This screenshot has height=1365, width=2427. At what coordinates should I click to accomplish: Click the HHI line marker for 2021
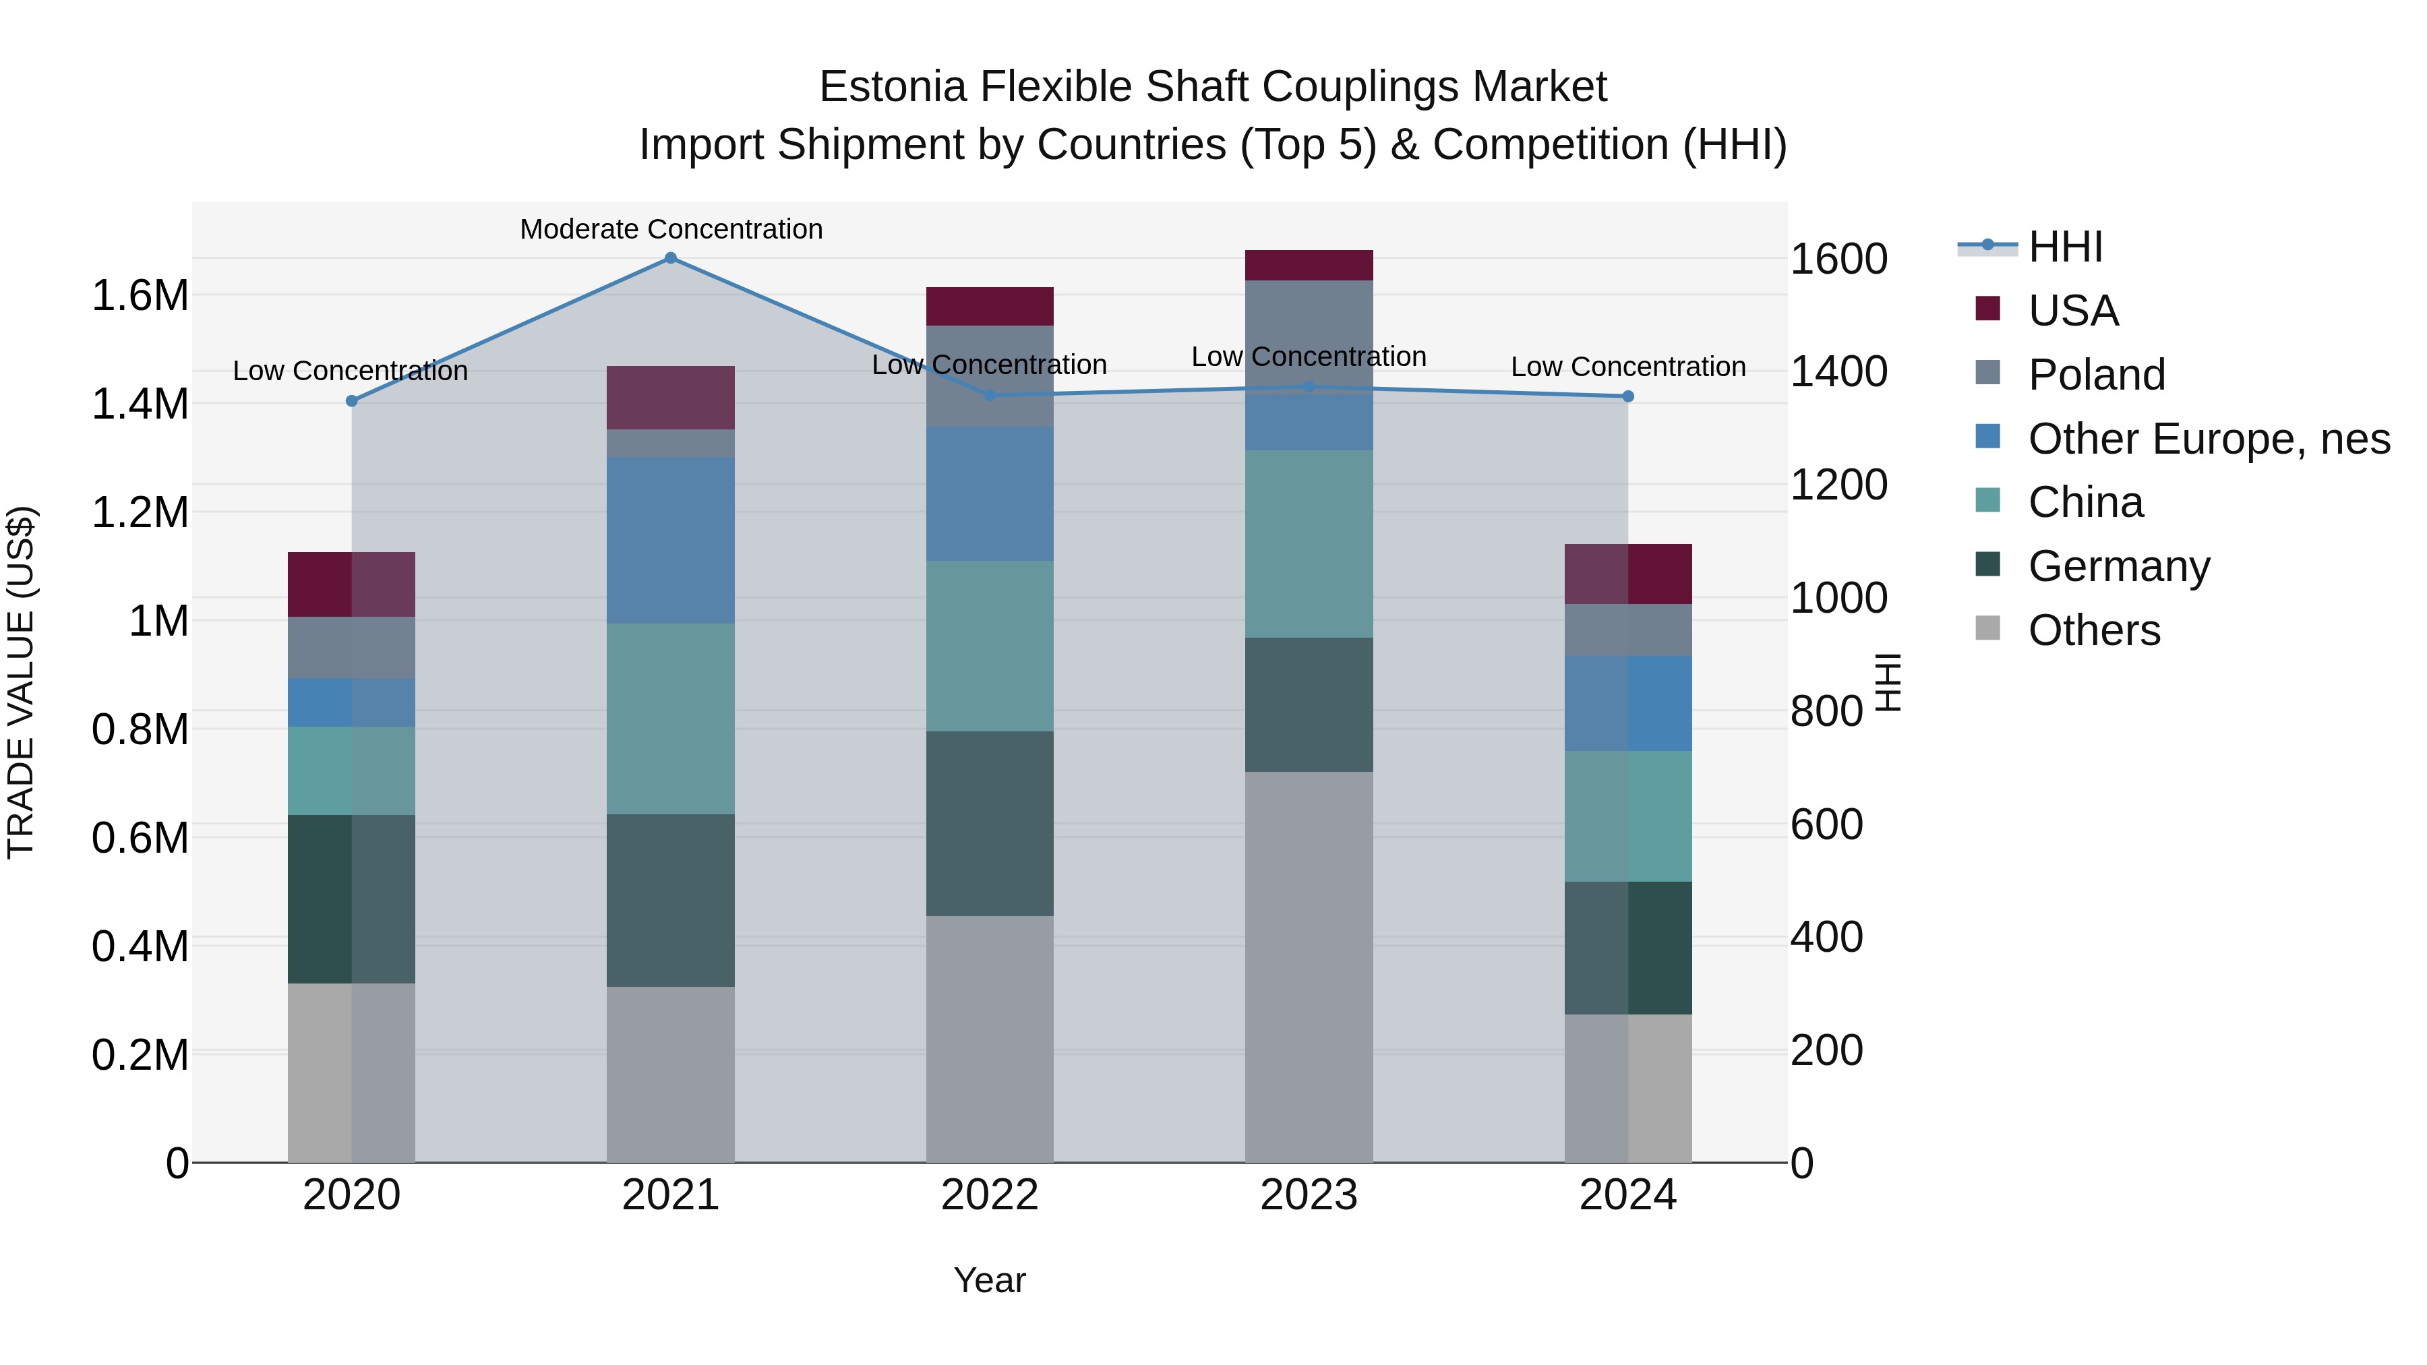click(671, 258)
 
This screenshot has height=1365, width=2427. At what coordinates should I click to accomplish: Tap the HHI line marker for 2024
click(1628, 396)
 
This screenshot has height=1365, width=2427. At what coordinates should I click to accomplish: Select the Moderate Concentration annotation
click(671, 229)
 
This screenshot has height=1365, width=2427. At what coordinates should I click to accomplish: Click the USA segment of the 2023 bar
click(1309, 266)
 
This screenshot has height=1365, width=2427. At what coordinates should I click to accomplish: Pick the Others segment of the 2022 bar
click(989, 1039)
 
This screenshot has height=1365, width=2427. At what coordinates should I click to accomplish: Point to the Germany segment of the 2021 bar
click(671, 900)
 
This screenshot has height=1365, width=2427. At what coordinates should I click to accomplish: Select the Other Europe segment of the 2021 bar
click(671, 540)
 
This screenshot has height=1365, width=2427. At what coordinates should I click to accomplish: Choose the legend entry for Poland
click(2096, 375)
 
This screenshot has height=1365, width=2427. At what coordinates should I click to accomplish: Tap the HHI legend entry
click(2065, 247)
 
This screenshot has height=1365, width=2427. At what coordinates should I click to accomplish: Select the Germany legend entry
click(2119, 566)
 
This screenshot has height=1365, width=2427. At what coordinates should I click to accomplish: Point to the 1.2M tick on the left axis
click(140, 514)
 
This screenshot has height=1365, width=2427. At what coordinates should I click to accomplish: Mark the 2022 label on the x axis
click(989, 1195)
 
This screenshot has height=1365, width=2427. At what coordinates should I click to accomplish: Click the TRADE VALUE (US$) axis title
click(21, 682)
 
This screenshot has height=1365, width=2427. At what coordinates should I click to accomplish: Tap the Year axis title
click(989, 1280)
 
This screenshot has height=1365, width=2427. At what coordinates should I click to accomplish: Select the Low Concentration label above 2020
click(351, 371)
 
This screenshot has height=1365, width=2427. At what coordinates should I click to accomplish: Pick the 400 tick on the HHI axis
click(1826, 938)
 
